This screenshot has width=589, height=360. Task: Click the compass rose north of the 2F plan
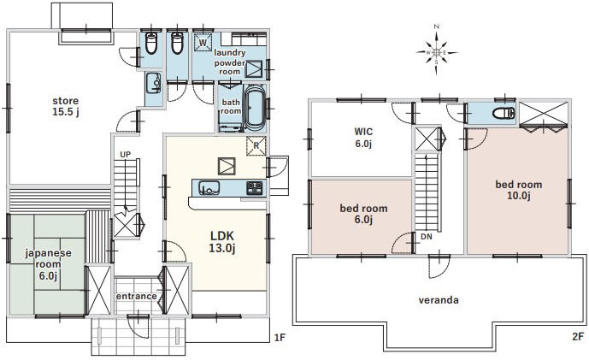pyautogui.click(x=437, y=52)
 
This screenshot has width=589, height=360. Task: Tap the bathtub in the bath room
pyautogui.click(x=254, y=108)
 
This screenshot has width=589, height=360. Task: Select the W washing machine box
pyautogui.click(x=203, y=42)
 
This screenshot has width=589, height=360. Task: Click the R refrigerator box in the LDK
pyautogui.click(x=256, y=146)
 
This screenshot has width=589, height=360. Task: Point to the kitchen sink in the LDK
pyautogui.click(x=209, y=187)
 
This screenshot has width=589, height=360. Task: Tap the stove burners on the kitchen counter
pyautogui.click(x=254, y=187)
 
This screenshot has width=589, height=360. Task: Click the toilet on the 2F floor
pyautogui.click(x=504, y=113)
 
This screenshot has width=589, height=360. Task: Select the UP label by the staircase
pyautogui.click(x=126, y=155)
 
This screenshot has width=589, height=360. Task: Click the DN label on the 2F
pyautogui.click(x=427, y=237)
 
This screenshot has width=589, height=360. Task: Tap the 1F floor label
pyautogui.click(x=280, y=337)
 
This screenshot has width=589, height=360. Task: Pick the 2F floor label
pyautogui.click(x=578, y=336)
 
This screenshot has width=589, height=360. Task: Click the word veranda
pyautogui.click(x=439, y=300)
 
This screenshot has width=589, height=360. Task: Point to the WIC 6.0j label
pyautogui.click(x=363, y=138)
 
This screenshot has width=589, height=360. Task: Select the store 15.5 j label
pyautogui.click(x=66, y=106)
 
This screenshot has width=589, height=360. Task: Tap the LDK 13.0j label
pyautogui.click(x=222, y=242)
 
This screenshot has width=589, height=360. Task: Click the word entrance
pyautogui.click(x=137, y=296)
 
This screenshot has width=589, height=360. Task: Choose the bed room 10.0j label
pyautogui.click(x=518, y=190)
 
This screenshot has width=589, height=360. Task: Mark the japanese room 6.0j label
pyautogui.click(x=48, y=264)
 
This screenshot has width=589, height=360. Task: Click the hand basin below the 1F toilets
pyautogui.click(x=153, y=83)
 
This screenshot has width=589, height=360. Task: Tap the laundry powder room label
pyautogui.click(x=229, y=62)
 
